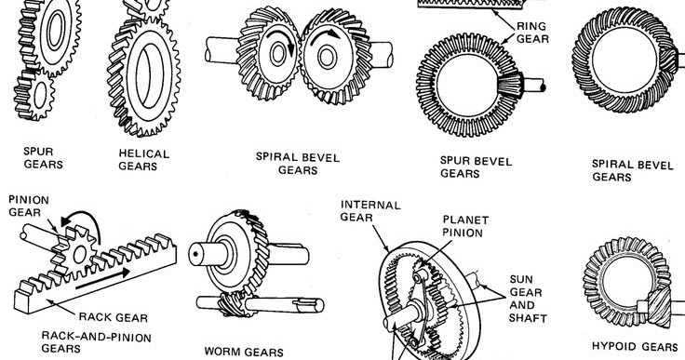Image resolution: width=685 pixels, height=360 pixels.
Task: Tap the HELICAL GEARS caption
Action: coord(143,159)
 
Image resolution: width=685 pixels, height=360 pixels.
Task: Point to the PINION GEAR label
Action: coord(29,206)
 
